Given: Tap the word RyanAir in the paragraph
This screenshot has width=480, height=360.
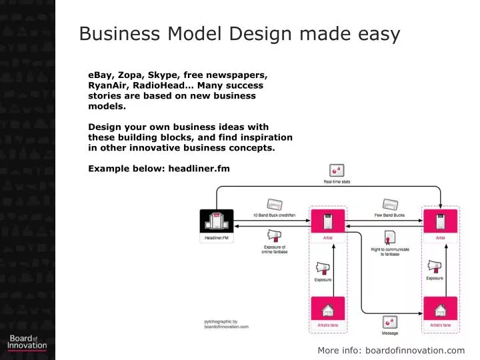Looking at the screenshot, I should pos(109,85).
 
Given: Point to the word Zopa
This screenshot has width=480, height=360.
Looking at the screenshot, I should pos(129,75).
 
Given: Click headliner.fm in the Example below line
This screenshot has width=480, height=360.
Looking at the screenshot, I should pos(199,169).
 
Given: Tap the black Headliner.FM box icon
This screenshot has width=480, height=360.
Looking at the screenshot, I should pos(217,221).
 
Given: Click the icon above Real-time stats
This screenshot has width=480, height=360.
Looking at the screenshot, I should pos(337,171).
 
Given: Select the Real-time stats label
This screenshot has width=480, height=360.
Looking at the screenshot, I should pos(337,182).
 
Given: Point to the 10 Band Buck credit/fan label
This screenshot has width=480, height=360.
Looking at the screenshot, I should pos(273,215).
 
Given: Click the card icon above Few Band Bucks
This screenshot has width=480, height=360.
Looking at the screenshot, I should pos(389,204).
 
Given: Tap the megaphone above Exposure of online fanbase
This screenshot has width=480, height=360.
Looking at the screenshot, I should pos(274,236).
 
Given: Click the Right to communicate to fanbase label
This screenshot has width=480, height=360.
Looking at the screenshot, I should pos(390,252).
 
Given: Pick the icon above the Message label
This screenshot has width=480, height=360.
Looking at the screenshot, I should pos(390,322).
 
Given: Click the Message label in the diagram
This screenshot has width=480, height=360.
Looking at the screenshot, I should pos(390,333).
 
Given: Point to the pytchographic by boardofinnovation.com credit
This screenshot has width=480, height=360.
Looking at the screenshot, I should pos(226,324).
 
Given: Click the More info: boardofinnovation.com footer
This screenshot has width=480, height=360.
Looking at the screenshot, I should pos(391,351).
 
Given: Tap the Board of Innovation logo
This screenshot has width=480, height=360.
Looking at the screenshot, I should pos(27,342).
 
